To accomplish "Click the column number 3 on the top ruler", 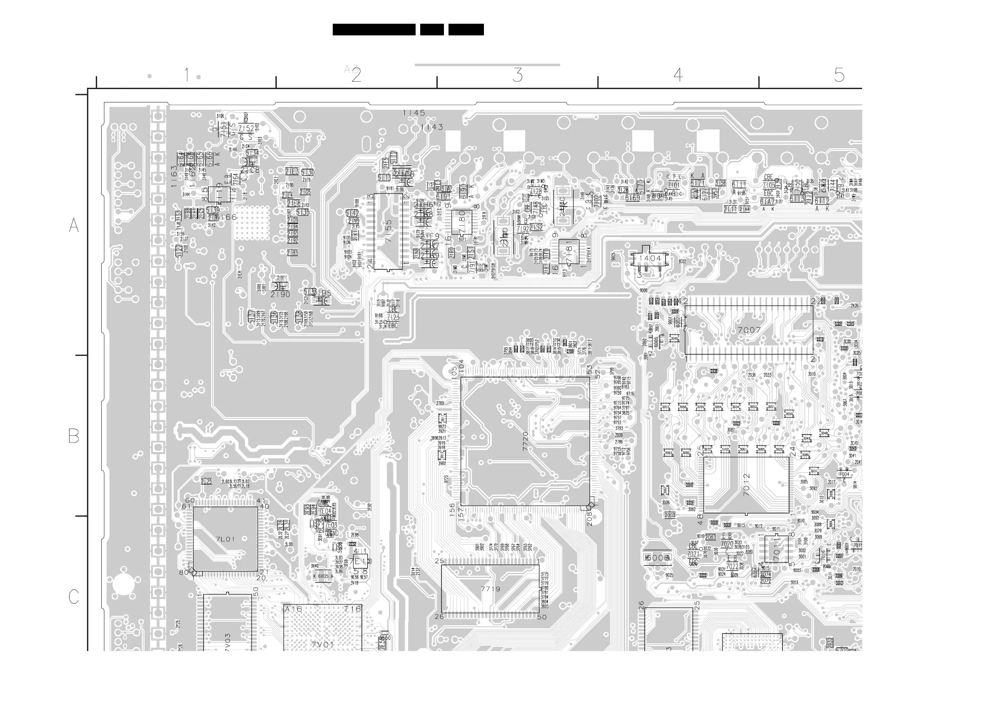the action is (x=518, y=76).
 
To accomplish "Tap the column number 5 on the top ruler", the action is (x=839, y=76).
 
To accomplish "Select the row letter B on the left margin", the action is (x=74, y=436).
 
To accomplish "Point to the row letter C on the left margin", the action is (x=74, y=597).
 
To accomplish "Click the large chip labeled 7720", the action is (x=525, y=441).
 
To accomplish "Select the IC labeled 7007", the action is (x=749, y=330).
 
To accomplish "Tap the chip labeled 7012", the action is (x=746, y=485).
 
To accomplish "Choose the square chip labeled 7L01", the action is (x=225, y=539).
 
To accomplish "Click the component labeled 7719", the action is (x=491, y=589).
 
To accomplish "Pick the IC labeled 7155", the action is (x=389, y=231).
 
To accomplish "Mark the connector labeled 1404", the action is (x=650, y=258).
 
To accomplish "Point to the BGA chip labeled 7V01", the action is (x=322, y=644).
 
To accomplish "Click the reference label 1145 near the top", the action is (x=414, y=113).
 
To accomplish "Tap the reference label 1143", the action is (x=431, y=127).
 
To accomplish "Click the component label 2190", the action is (x=280, y=295).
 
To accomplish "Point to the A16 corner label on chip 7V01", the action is (x=293, y=609).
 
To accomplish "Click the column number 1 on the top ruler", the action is (x=187, y=75).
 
